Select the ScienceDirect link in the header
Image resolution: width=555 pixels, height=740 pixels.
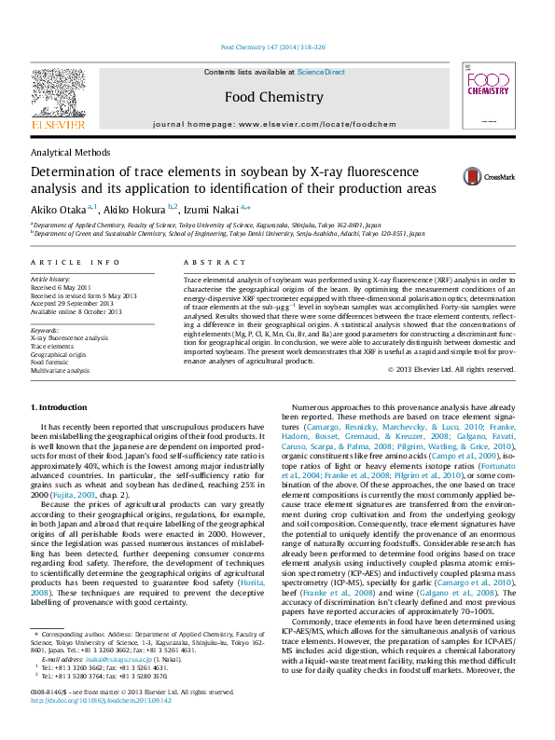click(x=321, y=72)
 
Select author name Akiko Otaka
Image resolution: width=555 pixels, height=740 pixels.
click(x=59, y=209)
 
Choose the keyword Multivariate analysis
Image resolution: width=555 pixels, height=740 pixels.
click(x=61, y=370)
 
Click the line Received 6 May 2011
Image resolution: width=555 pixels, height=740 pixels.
click(x=62, y=287)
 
